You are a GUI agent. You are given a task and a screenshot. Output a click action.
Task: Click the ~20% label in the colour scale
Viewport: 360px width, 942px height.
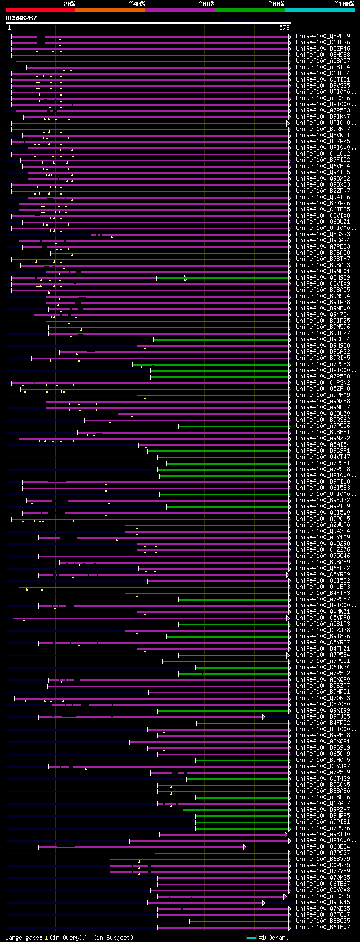(x=69, y=4)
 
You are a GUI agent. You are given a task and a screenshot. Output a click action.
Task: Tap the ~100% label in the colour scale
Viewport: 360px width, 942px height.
(x=344, y=4)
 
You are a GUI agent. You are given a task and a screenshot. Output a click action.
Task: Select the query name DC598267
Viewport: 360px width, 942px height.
(x=21, y=18)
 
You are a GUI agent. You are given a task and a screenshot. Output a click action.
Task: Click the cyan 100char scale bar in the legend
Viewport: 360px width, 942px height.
(x=251, y=938)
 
